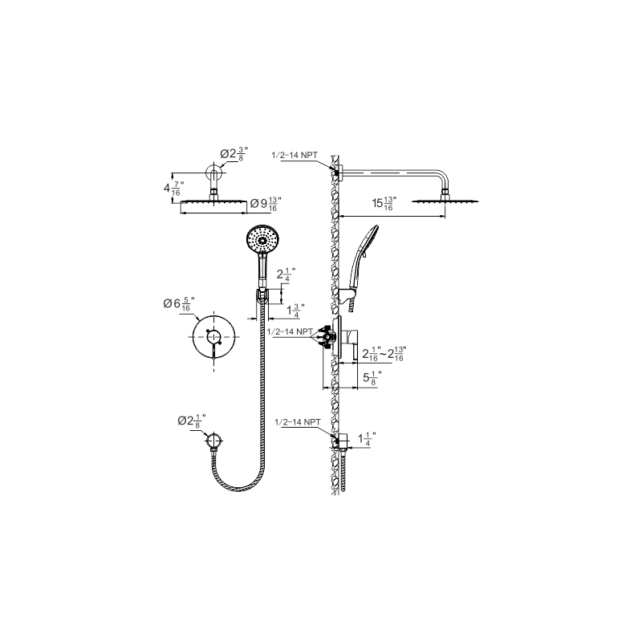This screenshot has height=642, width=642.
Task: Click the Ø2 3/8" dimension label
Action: tap(234, 154)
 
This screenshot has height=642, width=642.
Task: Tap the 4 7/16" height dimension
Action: tap(173, 189)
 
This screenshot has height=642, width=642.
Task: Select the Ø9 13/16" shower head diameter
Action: tap(266, 204)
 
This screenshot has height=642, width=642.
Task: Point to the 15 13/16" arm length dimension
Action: tap(384, 203)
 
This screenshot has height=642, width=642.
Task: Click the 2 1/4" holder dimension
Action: tap(286, 274)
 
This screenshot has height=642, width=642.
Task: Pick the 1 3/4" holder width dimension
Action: tap(295, 311)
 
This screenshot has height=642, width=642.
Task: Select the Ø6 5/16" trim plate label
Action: tap(179, 304)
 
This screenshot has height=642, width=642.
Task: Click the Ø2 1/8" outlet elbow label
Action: tap(192, 421)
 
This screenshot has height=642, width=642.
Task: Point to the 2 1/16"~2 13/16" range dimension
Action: tap(384, 354)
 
